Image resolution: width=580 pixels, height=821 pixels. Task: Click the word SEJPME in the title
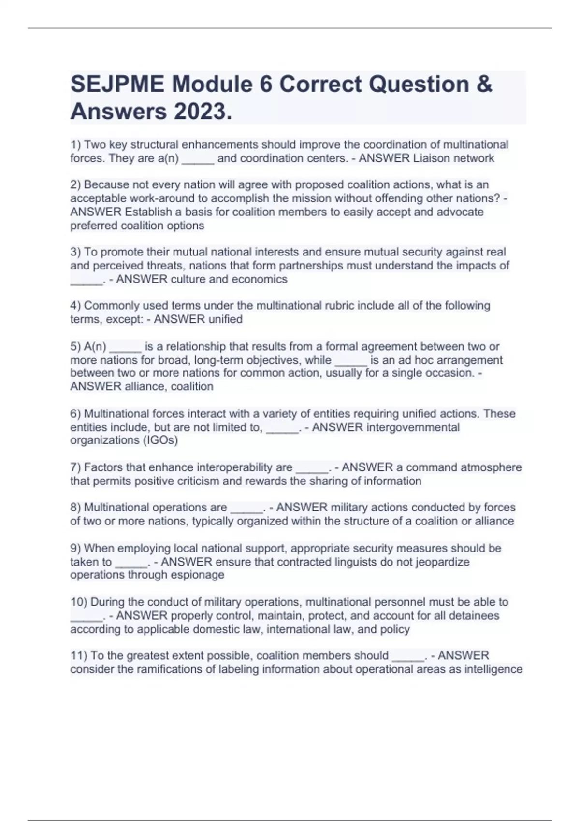(117, 85)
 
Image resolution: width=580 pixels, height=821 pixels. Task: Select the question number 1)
(76, 145)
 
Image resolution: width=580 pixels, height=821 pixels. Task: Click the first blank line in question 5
(125, 347)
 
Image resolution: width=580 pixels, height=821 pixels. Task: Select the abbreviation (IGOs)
(160, 440)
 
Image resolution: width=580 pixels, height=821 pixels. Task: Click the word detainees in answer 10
(474, 616)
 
